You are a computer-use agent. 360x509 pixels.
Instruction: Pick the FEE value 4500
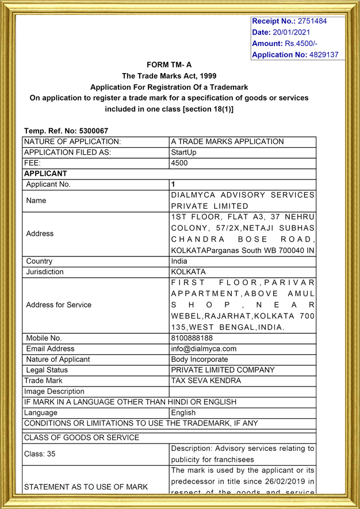point(179,163)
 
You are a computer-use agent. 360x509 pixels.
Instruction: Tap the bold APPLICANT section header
point(45,173)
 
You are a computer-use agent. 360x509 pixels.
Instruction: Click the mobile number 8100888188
point(192,338)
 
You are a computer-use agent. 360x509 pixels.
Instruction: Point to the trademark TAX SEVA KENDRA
point(206,381)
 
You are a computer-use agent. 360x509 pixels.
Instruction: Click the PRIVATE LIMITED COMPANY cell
point(223,370)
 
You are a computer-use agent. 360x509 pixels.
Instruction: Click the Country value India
point(179,261)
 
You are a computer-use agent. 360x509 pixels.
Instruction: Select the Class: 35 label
point(40,454)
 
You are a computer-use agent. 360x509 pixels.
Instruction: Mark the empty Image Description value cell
point(243,392)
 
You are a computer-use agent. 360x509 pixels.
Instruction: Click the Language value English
point(183,412)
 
